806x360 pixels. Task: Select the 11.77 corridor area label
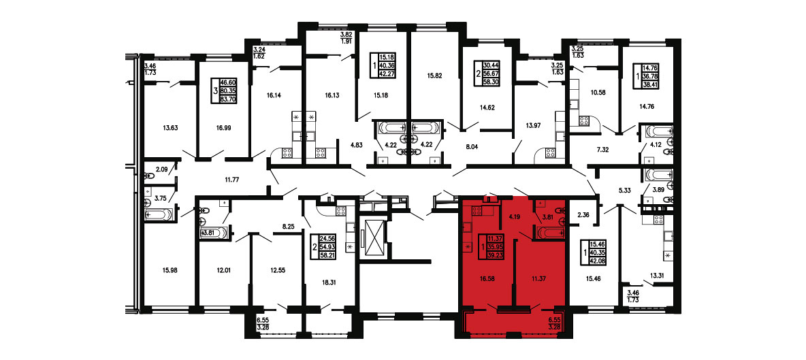pyautogui.click(x=233, y=180)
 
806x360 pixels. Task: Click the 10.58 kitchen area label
pyautogui.click(x=594, y=93)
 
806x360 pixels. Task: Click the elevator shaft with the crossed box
pyautogui.click(x=372, y=238)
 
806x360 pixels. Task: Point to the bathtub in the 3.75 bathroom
pyautogui.click(x=159, y=214)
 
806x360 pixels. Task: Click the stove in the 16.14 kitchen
pyautogui.click(x=287, y=152)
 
